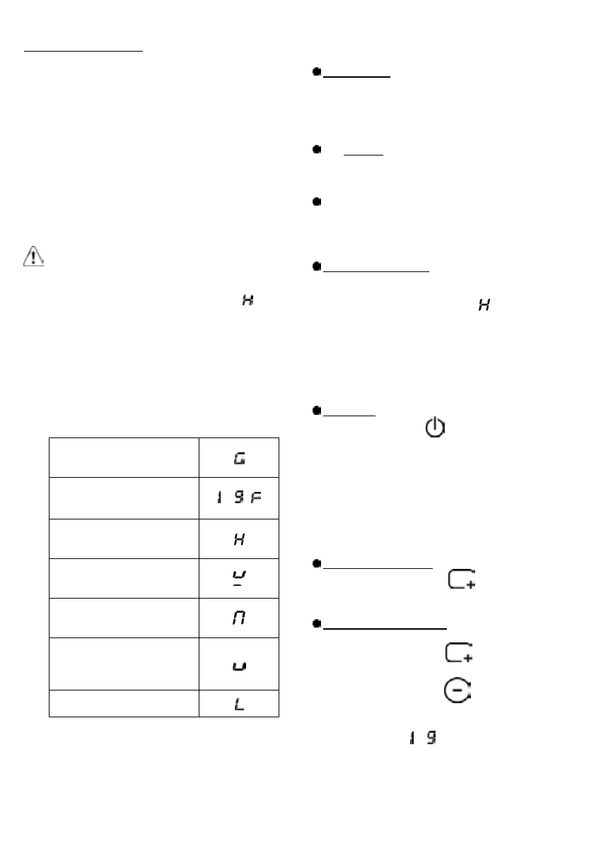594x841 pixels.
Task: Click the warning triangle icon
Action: click(33, 257)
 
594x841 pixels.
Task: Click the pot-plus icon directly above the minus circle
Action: click(459, 654)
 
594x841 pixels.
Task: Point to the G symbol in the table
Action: click(239, 460)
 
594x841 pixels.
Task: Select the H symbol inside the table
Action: click(239, 539)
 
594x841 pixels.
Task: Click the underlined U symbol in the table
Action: click(239, 578)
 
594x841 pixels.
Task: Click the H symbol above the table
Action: click(247, 300)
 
